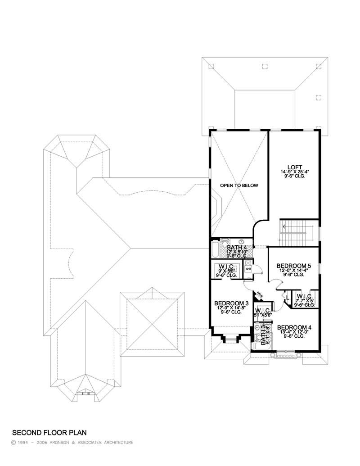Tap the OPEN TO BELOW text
click(x=238, y=185)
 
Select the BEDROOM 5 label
click(x=293, y=266)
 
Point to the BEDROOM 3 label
click(x=231, y=303)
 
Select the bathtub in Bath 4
click(x=215, y=250)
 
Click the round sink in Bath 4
click(x=241, y=241)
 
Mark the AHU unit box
click(x=248, y=269)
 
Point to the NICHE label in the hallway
click(x=258, y=295)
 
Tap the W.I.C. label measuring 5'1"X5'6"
click(x=262, y=311)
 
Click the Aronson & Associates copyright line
click(x=72, y=443)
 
